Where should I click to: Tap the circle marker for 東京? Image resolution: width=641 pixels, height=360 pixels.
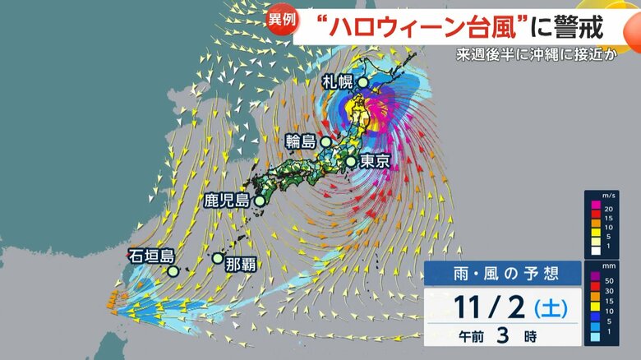(351, 162)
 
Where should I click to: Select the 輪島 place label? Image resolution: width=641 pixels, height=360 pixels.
(302, 141)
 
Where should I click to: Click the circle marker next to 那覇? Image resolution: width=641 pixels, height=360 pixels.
(218, 258)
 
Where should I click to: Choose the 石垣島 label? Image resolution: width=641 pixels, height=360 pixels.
(148, 256)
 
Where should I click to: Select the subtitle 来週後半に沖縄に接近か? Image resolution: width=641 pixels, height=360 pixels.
(546, 58)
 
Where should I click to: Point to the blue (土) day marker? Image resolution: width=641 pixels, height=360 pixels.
(549, 309)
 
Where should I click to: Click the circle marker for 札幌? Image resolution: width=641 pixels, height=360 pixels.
(362, 81)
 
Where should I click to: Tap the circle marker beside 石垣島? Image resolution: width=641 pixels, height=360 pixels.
(173, 271)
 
